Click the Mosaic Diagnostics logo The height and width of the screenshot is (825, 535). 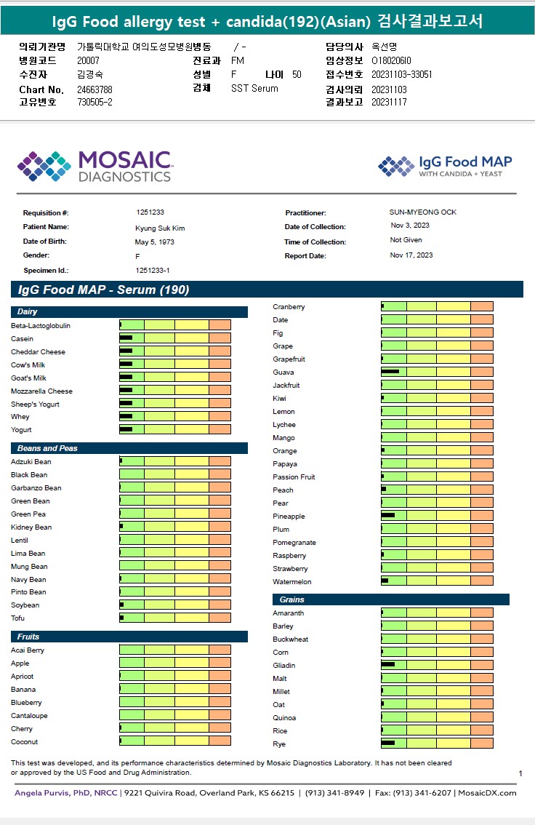click(x=94, y=166)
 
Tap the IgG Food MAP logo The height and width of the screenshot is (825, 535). click(x=445, y=166)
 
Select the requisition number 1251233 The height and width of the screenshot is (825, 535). click(x=150, y=212)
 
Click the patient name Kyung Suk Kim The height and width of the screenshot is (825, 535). click(x=160, y=228)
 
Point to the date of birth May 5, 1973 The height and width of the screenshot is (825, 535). click(x=154, y=242)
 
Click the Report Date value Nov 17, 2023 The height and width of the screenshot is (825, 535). click(x=411, y=255)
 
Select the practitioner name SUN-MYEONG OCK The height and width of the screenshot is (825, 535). click(x=423, y=212)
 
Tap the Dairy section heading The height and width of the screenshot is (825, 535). click(x=28, y=312)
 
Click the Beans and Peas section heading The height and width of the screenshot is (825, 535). click(x=47, y=448)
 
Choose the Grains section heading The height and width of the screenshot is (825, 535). click(x=291, y=599)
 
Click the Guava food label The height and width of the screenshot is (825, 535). click(x=283, y=372)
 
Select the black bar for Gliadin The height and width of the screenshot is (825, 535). click(x=387, y=664)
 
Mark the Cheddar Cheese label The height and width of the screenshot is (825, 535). click(x=38, y=352)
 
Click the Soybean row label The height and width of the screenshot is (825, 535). click(x=25, y=605)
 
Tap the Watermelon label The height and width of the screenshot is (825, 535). click(x=291, y=582)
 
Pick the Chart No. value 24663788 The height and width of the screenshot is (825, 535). click(x=94, y=89)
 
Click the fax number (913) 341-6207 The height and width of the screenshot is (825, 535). click(x=425, y=792)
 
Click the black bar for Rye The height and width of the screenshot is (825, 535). click(x=387, y=743)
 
